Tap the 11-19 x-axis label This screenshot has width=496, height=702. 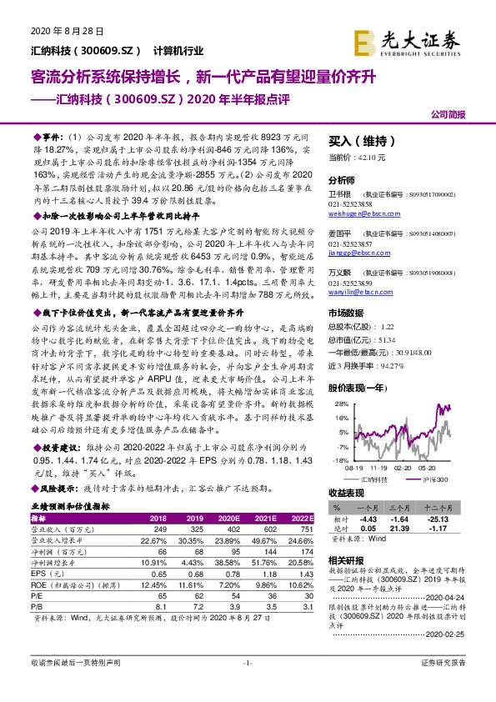[371, 469]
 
